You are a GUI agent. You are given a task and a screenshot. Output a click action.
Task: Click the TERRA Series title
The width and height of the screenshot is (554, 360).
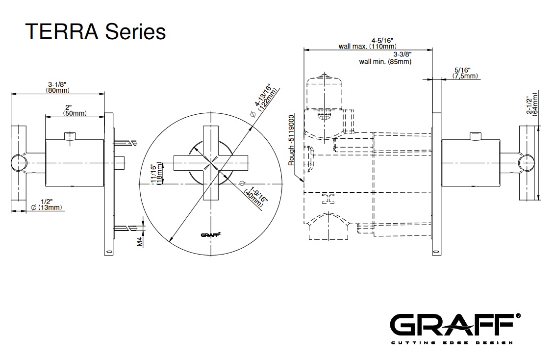tap(96, 32)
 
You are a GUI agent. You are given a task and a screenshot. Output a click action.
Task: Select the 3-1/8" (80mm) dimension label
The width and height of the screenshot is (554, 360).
tap(58, 87)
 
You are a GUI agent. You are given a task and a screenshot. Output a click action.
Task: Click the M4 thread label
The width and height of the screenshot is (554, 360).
tap(139, 241)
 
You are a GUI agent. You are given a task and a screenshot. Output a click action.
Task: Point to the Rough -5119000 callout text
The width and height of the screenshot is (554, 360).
tap(291, 140)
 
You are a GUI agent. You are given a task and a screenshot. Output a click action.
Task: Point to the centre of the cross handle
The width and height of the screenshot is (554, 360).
tap(212, 162)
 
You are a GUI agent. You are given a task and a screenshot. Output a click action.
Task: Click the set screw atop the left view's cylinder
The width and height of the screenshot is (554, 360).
tap(70, 135)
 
